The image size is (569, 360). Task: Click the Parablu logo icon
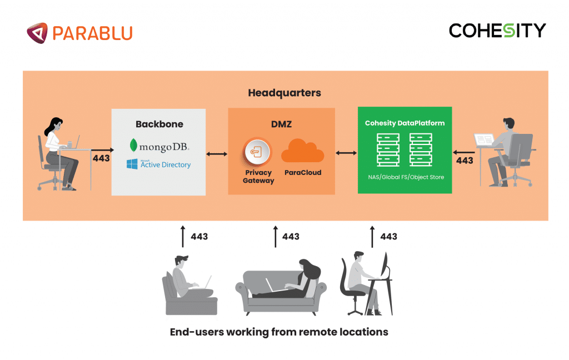click(x=37, y=32)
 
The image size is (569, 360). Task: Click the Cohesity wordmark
click(x=497, y=31)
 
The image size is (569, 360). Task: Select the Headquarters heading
click(x=284, y=93)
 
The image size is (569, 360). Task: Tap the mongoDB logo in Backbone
click(x=158, y=146)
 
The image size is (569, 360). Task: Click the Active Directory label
click(x=165, y=164)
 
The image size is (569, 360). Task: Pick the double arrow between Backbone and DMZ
click(x=217, y=153)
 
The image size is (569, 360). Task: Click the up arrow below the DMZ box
click(x=276, y=236)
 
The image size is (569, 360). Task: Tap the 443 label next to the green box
click(x=464, y=161)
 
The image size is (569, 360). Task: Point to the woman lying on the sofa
click(x=292, y=281)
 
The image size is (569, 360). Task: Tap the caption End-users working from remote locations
click(x=278, y=332)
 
